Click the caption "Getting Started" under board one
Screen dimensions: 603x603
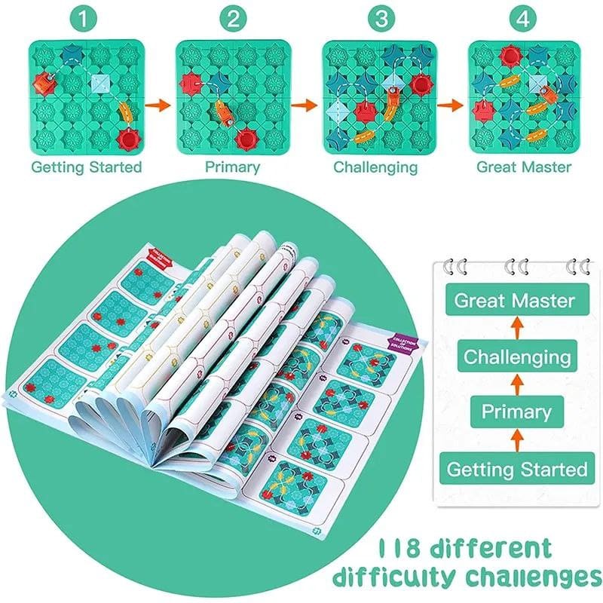coord(86,167)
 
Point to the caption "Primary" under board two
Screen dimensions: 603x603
coord(232,167)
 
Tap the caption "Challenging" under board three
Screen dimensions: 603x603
coord(375,167)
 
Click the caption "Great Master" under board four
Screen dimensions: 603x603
coord(524,167)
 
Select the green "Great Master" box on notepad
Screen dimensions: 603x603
coord(515,301)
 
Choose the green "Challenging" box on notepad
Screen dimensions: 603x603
coord(516,357)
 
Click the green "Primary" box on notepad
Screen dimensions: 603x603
coord(516,412)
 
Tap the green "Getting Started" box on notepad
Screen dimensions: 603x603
coord(516,469)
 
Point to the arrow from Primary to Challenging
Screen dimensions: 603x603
coord(516,384)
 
